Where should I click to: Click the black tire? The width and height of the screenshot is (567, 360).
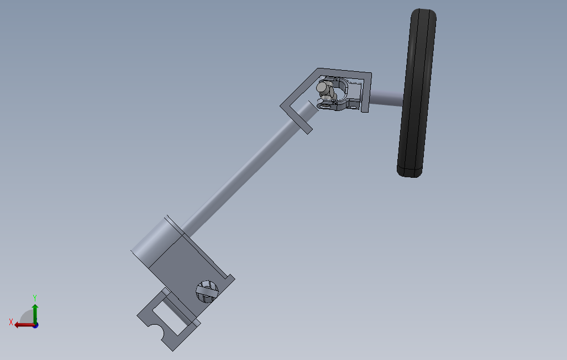(417, 93)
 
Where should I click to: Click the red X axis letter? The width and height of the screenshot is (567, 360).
(11, 322)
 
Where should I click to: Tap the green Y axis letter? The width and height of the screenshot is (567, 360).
(35, 298)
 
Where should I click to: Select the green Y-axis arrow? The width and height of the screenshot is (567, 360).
(35, 314)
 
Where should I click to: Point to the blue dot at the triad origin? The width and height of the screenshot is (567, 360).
(36, 326)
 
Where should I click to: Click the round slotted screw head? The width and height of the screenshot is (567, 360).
(207, 292)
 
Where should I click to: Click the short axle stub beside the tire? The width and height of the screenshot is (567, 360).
(386, 98)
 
